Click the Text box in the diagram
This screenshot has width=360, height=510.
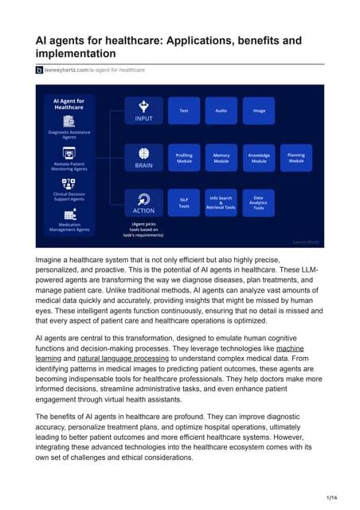pos(184,111)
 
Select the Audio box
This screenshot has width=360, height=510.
pos(221,111)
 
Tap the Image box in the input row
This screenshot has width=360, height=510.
pos(259,111)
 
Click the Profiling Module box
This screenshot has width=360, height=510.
pos(184,158)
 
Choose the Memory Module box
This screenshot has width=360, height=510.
pos(221,158)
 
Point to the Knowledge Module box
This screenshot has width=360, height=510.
pos(259,158)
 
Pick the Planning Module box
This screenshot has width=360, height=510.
pos(296,158)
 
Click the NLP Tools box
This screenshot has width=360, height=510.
pos(184,203)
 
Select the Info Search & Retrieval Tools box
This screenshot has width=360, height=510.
pos(221,203)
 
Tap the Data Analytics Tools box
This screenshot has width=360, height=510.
pos(259,203)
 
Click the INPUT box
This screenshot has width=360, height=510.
pos(143,111)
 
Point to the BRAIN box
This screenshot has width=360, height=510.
pos(143,158)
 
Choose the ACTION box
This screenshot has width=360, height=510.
pos(143,203)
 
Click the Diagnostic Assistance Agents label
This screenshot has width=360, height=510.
pos(69,134)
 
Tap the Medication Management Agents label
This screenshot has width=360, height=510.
pos(69,227)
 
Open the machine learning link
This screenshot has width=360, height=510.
pos(289,349)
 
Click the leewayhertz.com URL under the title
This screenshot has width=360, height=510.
pos(95,70)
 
